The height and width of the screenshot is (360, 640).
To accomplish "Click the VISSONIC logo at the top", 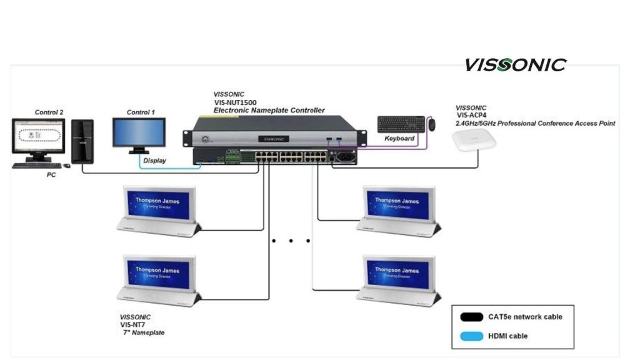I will click(515, 65).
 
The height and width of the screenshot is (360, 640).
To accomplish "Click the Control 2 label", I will click(49, 112).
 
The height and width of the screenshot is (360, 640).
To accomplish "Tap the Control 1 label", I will click(141, 112).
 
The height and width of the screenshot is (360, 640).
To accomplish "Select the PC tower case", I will click(82, 141).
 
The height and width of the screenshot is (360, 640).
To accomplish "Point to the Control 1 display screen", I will click(139, 132).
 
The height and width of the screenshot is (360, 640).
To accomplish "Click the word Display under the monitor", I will click(154, 161).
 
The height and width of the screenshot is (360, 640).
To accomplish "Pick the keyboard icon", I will click(400, 124).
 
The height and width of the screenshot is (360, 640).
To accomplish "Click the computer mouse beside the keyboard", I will click(432, 124).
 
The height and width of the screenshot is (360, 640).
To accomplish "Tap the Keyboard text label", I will click(399, 138).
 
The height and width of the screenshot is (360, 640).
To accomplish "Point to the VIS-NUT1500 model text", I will click(235, 102).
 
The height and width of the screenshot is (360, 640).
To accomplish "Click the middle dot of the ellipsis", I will click(291, 241).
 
